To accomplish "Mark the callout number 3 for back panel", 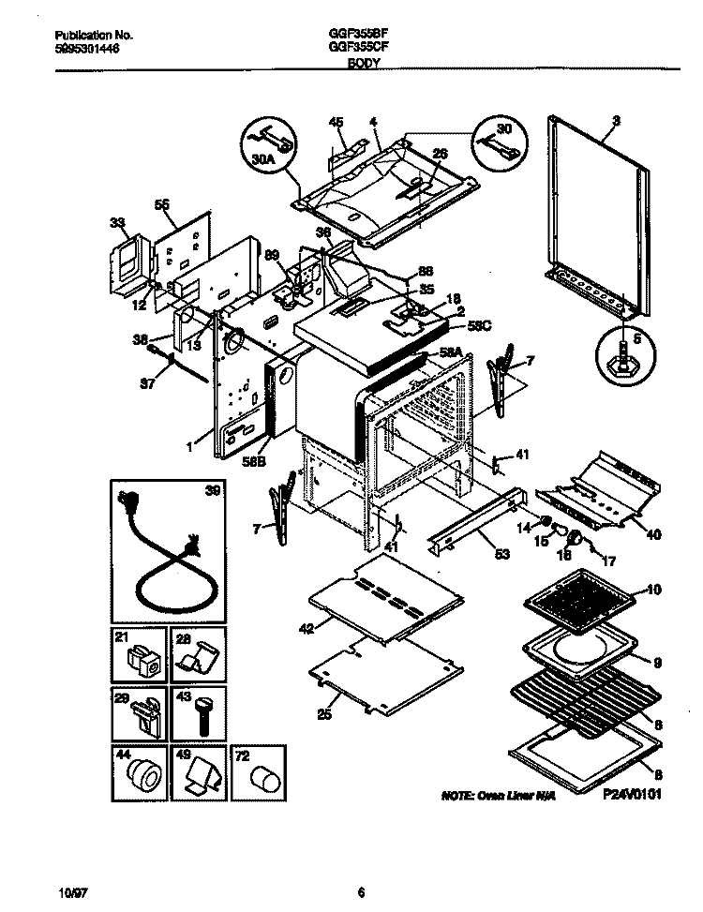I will click(x=616, y=119).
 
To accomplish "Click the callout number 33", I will click(x=117, y=222).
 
